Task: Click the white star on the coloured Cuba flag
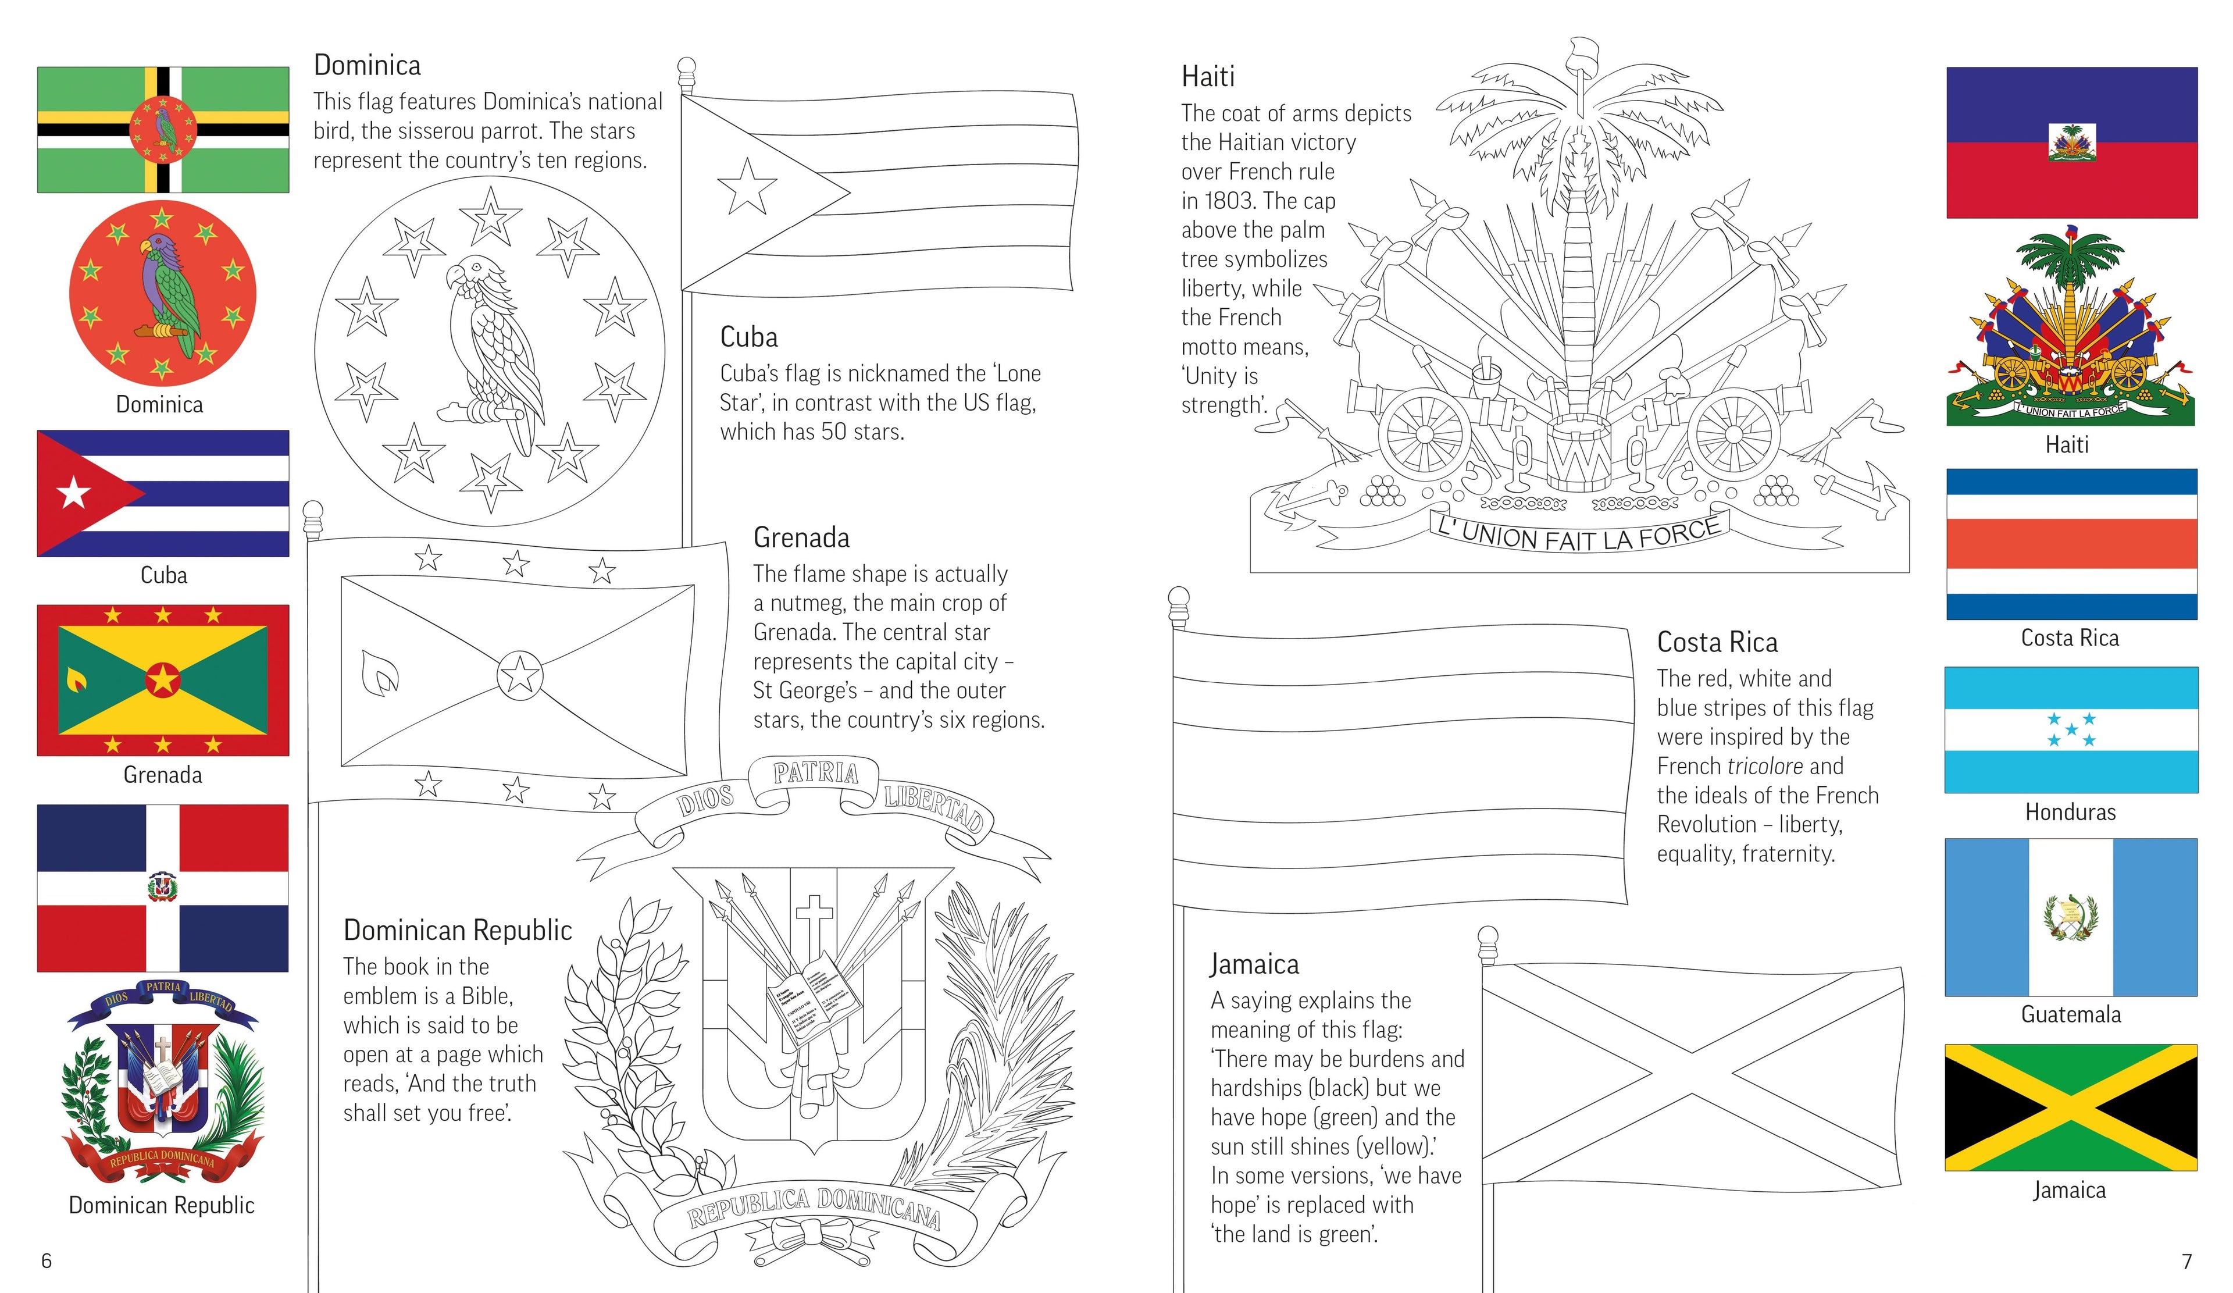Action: click(x=73, y=493)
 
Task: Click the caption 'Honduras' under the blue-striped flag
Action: click(x=2070, y=812)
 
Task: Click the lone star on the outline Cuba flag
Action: click(x=747, y=188)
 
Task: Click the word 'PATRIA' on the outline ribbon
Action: click(x=814, y=774)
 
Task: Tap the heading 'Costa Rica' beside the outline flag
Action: click(x=1717, y=643)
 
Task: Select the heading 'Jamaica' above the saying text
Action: click(x=1254, y=964)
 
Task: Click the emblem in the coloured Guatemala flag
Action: click(x=2070, y=917)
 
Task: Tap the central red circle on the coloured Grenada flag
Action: click(x=163, y=681)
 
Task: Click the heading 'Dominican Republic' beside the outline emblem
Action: click(x=457, y=931)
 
